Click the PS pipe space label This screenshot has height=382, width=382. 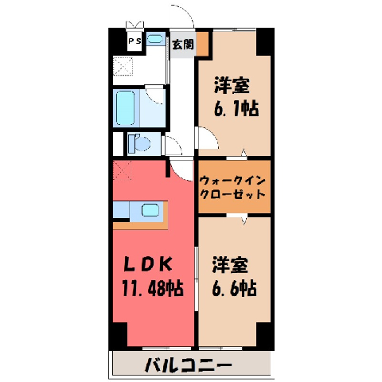pos(134,41)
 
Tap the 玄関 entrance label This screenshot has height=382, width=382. pos(183,45)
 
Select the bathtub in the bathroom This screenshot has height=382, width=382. pos(125,108)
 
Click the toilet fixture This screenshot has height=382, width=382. pos(139,144)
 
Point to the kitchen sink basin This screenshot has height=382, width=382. pos(150,210)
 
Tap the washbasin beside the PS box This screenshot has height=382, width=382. pos(154,39)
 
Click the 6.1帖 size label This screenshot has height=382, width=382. pos(236,109)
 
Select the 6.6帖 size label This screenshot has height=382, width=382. pos(235,288)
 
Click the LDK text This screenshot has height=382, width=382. pos(148,264)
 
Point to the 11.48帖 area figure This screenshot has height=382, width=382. pos(153,288)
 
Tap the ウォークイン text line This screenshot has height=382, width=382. pos(232,181)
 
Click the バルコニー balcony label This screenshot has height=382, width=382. pos(189,365)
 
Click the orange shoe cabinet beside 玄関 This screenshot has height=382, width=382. pos(203,43)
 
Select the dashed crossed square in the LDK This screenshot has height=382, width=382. pos(123,170)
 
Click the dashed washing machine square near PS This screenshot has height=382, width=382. pos(123,66)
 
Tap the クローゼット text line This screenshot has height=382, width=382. pos(232,195)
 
